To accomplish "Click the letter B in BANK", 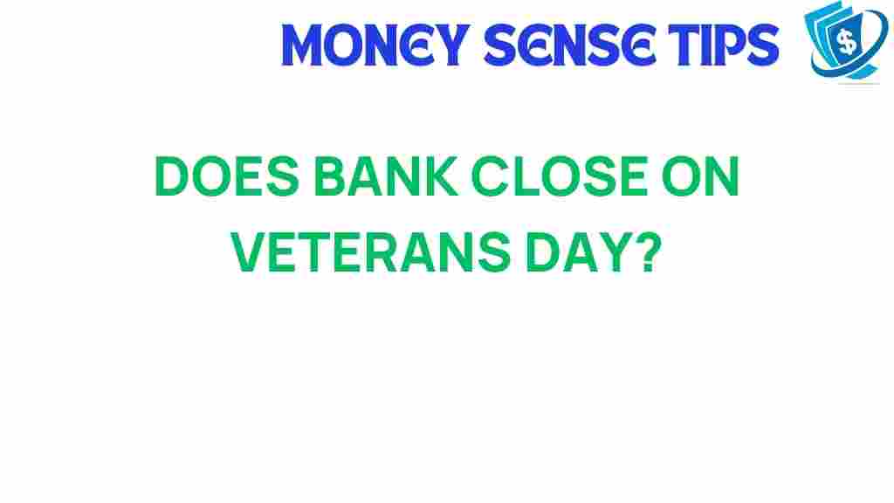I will click(317, 182).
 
